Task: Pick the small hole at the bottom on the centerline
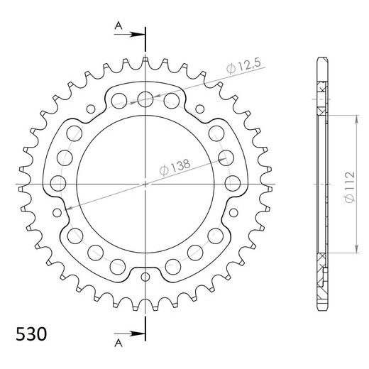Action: tap(145, 276)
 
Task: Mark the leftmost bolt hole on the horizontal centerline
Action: tap(58, 184)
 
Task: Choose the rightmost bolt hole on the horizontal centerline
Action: tap(231, 184)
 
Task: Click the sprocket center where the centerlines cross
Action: tap(145, 184)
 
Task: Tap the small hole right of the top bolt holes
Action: tap(199, 108)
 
